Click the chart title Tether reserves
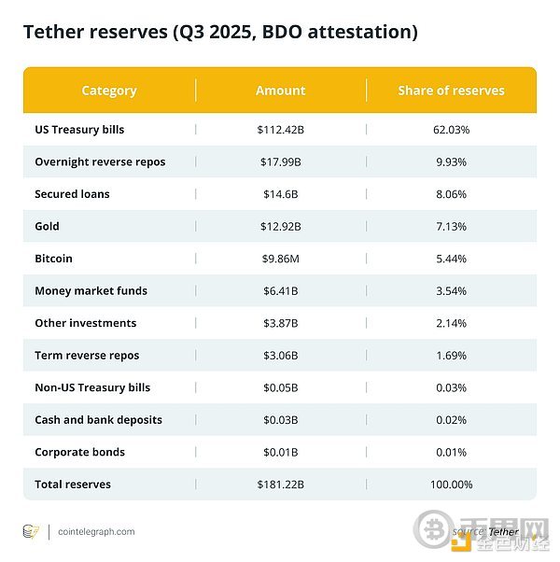coord(220,32)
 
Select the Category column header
coord(109,91)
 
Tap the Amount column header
coord(280,91)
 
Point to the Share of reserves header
coord(451,91)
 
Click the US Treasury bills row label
coord(79,130)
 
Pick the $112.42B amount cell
coord(280,130)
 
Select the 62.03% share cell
coord(451,130)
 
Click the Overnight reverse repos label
coord(100,162)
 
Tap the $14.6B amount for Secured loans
coord(280,194)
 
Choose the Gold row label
coord(47,226)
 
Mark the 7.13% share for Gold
coord(451,226)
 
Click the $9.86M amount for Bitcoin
coord(280,259)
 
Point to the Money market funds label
coord(91,290)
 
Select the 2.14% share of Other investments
coord(451,323)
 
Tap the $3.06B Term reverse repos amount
coord(280,356)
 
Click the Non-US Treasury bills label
coord(92,387)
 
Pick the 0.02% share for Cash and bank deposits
coord(451,420)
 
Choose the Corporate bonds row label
coord(79,452)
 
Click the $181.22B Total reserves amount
coord(280,485)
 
